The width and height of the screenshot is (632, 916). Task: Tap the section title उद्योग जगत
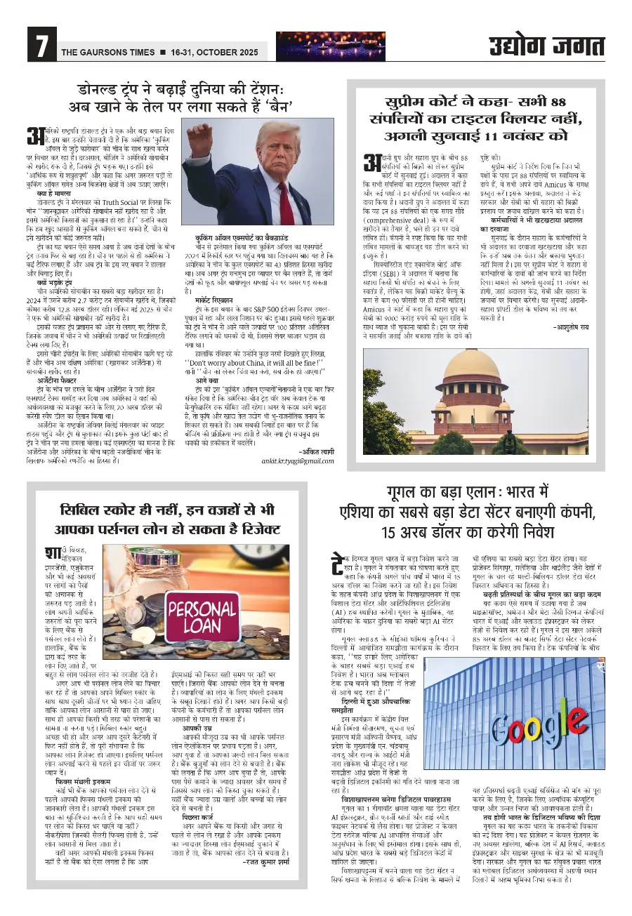[x=547, y=46]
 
